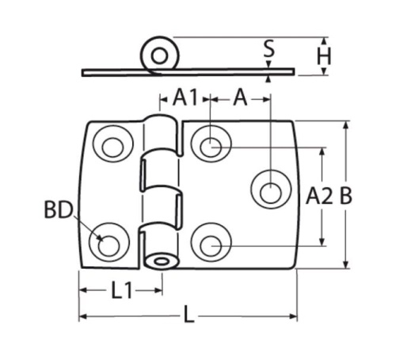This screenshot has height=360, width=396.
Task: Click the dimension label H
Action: tap(324, 56)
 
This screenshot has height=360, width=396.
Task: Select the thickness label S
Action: tap(269, 49)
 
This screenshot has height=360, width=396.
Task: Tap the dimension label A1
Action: tap(185, 98)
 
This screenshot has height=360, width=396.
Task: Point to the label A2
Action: tap(319, 196)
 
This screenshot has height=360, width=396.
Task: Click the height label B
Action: tap(345, 196)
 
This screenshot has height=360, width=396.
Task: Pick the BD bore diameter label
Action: tap(58, 210)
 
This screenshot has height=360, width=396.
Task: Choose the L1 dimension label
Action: tap(121, 290)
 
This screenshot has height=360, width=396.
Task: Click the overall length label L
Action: tap(188, 314)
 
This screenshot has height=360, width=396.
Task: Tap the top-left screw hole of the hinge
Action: tap(112, 147)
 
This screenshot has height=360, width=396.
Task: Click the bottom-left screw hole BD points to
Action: tap(109, 246)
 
